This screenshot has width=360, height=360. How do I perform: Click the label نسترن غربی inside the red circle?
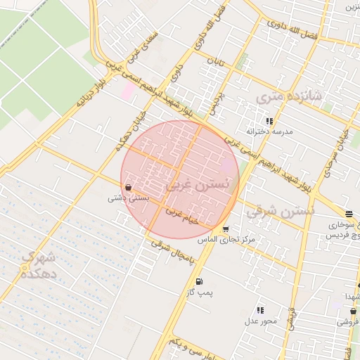[199, 184]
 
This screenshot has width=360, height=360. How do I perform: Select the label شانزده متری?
[288, 98]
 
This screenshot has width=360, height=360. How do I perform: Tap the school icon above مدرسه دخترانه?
[269, 121]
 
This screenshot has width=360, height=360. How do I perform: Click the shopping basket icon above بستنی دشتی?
[127, 188]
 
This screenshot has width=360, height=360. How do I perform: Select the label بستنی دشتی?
[127, 198]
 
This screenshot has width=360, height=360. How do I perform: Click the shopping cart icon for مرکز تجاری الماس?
[225, 229]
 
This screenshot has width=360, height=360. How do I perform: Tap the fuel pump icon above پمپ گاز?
[199, 281]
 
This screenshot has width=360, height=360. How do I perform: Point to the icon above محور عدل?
[260, 310]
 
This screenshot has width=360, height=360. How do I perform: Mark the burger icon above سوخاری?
[349, 214]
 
